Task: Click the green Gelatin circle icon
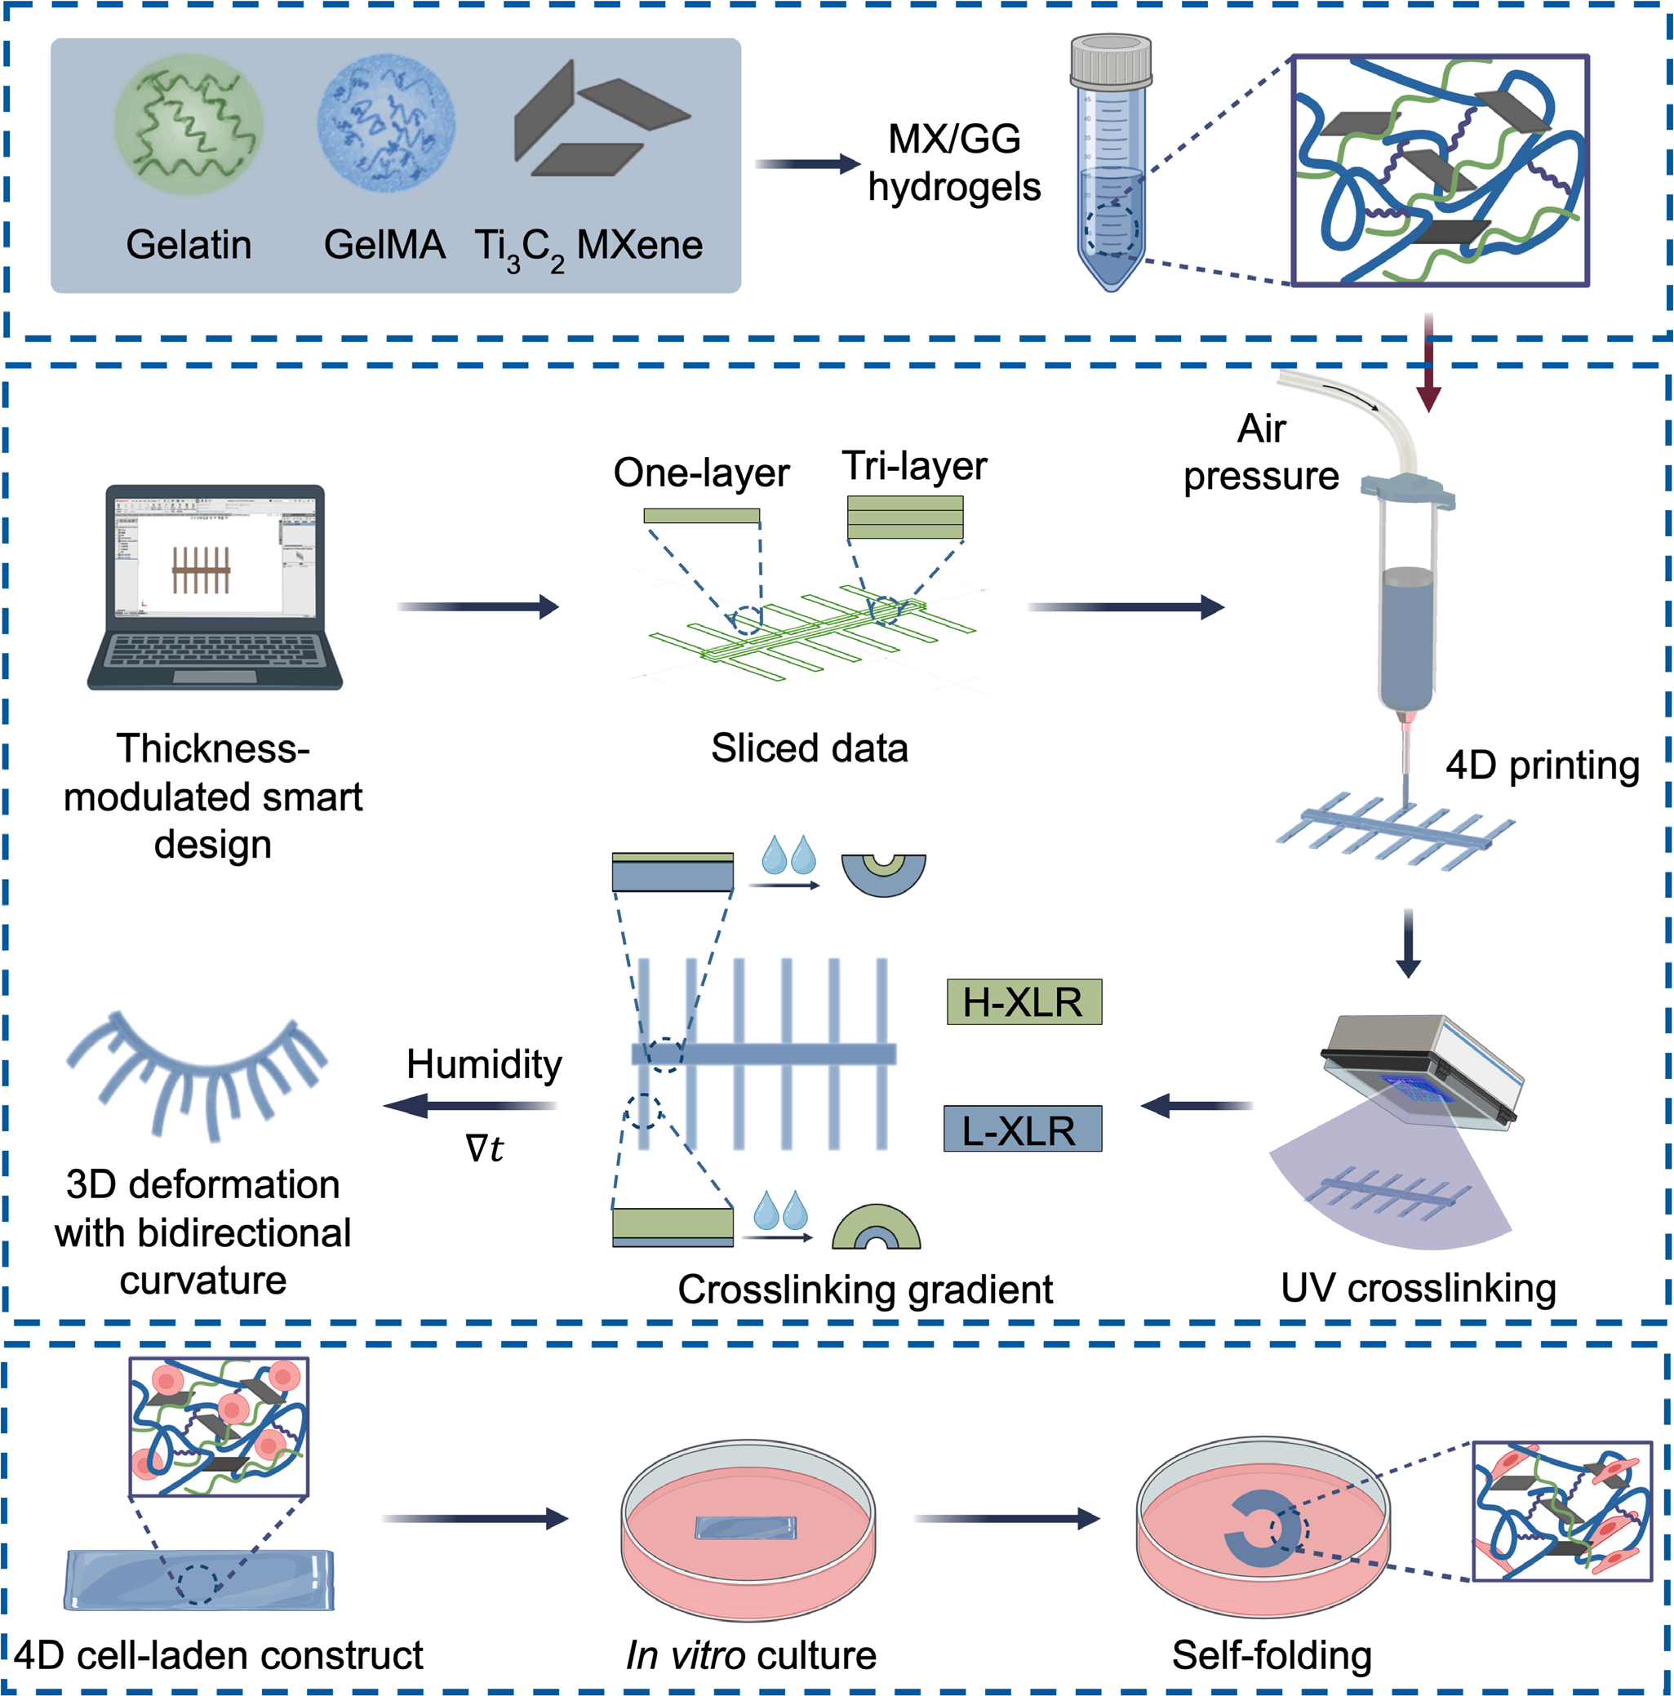(188, 124)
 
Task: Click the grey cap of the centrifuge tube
(1111, 60)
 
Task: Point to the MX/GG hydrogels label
(954, 163)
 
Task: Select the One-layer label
(700, 473)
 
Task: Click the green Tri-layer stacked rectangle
(904, 517)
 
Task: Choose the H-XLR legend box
(1023, 1002)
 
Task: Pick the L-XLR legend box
(1022, 1129)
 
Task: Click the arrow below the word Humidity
(470, 1105)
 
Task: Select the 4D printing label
(1543, 766)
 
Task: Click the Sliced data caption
(809, 748)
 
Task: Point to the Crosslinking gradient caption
(864, 1290)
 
